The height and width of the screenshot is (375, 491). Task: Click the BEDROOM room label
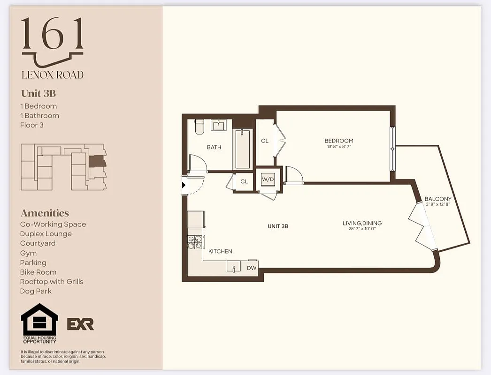tap(338, 141)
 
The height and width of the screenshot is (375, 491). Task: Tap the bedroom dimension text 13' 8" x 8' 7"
tap(338, 147)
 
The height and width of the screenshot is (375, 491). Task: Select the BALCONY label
tap(437, 199)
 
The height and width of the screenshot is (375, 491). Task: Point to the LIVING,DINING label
tap(362, 223)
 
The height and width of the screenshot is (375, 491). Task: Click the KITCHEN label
tap(220, 251)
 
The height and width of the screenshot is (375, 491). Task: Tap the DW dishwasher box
tap(252, 268)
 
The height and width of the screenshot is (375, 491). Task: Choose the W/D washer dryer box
tap(268, 179)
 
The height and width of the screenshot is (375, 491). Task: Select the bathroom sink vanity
tap(218, 125)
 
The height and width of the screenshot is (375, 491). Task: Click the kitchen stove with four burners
tap(195, 242)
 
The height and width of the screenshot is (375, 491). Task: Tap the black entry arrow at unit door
tap(184, 185)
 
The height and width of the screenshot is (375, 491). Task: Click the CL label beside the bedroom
tap(265, 141)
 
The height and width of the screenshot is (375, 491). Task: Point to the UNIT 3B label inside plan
tap(277, 226)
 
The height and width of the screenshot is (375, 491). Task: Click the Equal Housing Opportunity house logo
tap(39, 323)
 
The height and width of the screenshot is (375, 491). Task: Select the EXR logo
tap(80, 324)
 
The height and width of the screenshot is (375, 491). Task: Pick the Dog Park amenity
tap(36, 291)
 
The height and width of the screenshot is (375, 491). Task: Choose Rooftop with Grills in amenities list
tap(52, 282)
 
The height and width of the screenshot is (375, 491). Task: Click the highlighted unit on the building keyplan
tap(97, 162)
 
